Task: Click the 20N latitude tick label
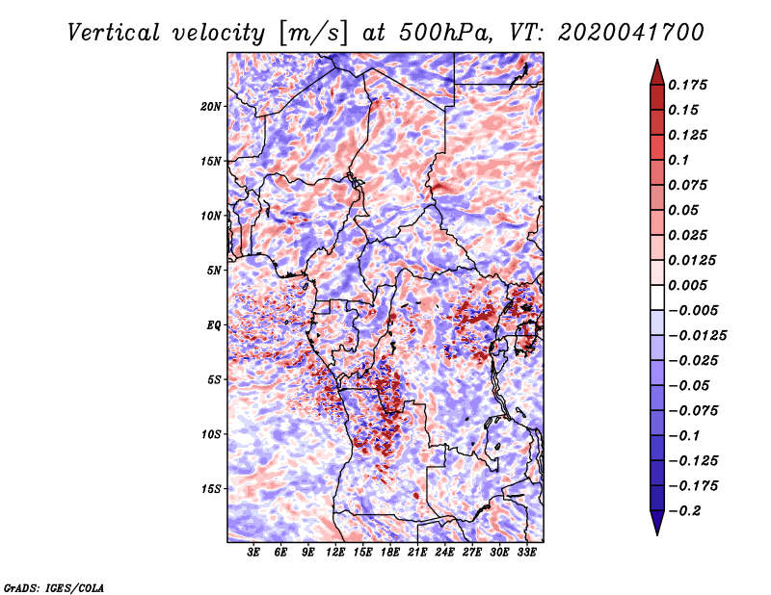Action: tap(210, 107)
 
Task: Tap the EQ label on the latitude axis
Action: tap(214, 325)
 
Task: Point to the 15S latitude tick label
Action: tap(211, 489)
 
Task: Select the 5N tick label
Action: tap(214, 271)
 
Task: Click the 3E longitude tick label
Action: tap(253, 553)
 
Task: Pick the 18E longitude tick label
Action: tap(390, 553)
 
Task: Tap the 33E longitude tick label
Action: tap(526, 553)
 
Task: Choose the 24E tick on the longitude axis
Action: tap(444, 553)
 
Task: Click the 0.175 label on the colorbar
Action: tap(687, 85)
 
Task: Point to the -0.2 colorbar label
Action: tap(684, 511)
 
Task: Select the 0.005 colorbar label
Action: tap(687, 285)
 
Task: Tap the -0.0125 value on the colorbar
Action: tap(697, 336)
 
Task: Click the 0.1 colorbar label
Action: tap(678, 160)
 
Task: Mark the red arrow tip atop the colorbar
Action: tap(657, 60)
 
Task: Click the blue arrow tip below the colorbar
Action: tap(657, 534)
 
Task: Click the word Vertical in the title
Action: tap(113, 33)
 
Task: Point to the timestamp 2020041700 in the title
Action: tap(631, 33)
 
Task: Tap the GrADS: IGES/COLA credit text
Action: tap(54, 588)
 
